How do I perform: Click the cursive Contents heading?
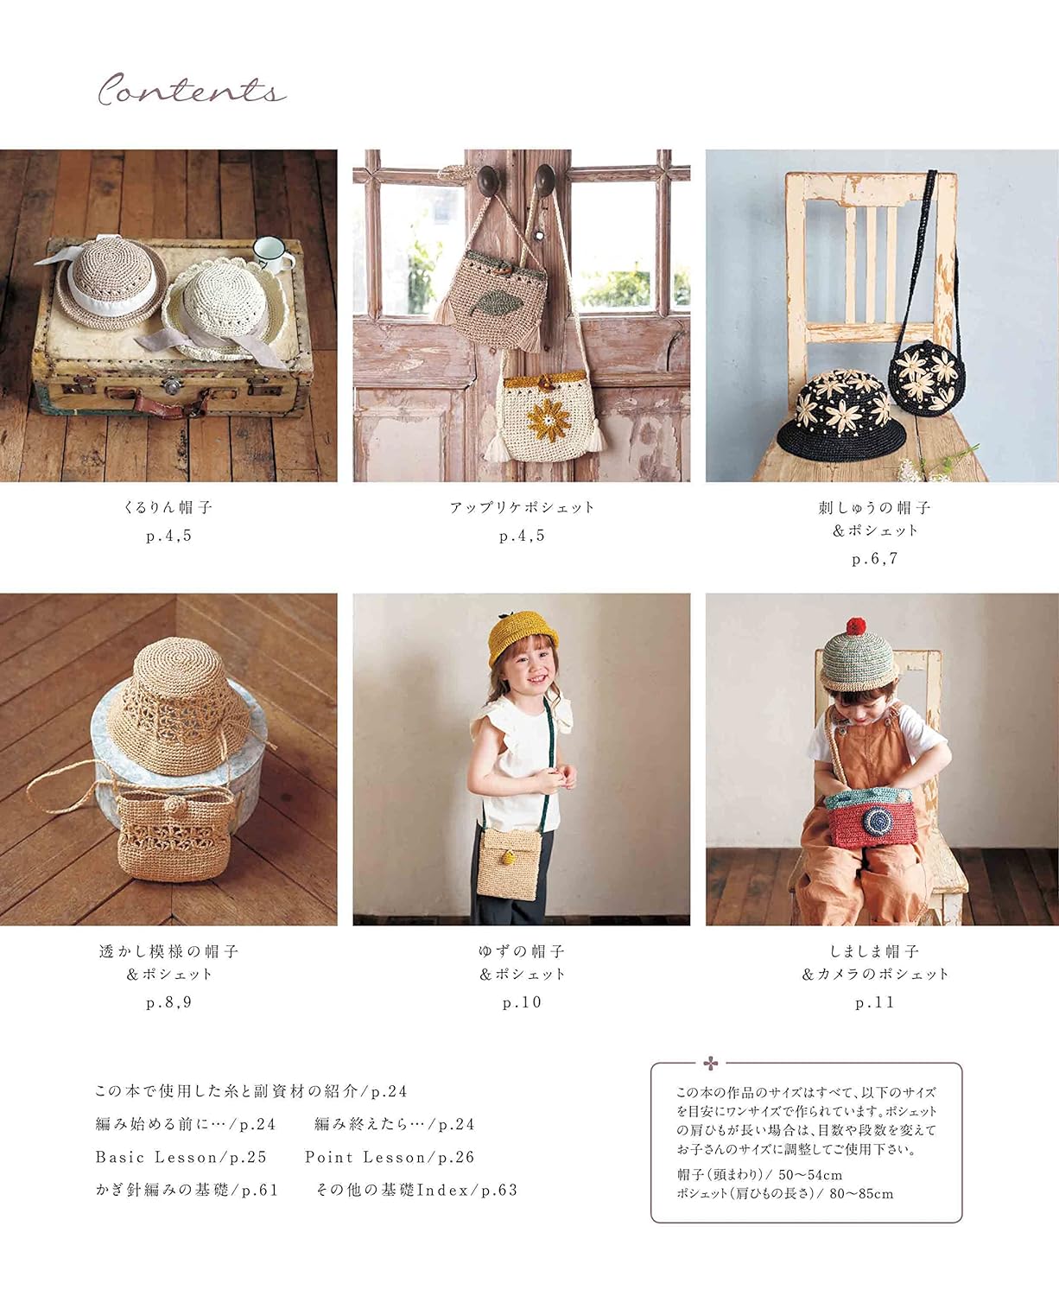pyautogui.click(x=191, y=90)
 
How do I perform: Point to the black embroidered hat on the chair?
pyautogui.click(x=840, y=414)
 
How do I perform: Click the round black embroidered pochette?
pyautogui.click(x=927, y=377)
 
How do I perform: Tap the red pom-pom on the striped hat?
pyautogui.click(x=855, y=626)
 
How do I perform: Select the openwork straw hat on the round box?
pyautogui.click(x=179, y=708)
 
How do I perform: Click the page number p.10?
pyautogui.click(x=522, y=1002)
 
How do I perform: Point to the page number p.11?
pyautogui.click(x=874, y=1002)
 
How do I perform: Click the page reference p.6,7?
pyautogui.click(x=874, y=559)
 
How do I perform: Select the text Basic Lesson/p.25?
pyautogui.click(x=181, y=1157)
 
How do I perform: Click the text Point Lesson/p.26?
pyautogui.click(x=390, y=1157)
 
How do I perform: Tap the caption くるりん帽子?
pyautogui.click(x=168, y=507)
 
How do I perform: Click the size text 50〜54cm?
pyautogui.click(x=810, y=1175)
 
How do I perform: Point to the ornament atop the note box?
pyautogui.click(x=711, y=1063)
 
